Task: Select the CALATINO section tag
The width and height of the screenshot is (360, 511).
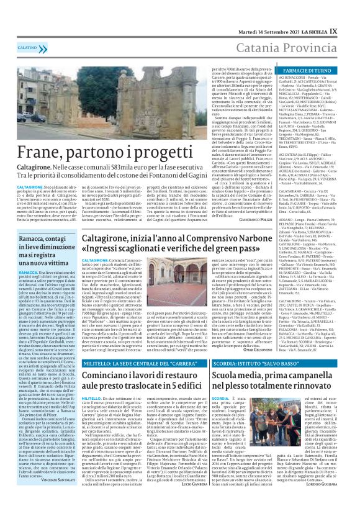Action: point(27,47)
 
